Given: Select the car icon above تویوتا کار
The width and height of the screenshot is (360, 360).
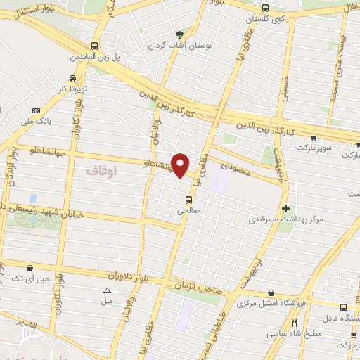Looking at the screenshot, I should click(x=73, y=79).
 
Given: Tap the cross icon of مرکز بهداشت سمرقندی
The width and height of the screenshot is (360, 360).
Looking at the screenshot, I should click(x=285, y=208).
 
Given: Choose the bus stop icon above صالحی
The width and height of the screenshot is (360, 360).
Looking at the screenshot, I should click(x=188, y=197).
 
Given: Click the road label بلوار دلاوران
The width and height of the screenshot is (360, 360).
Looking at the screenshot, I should click(x=148, y=276).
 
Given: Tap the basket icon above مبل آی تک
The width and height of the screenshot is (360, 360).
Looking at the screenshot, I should click(x=30, y=267).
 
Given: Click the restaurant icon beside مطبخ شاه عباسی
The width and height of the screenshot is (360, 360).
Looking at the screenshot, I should click(x=295, y=324).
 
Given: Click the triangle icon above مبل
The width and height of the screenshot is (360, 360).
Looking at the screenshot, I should click(x=107, y=290).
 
